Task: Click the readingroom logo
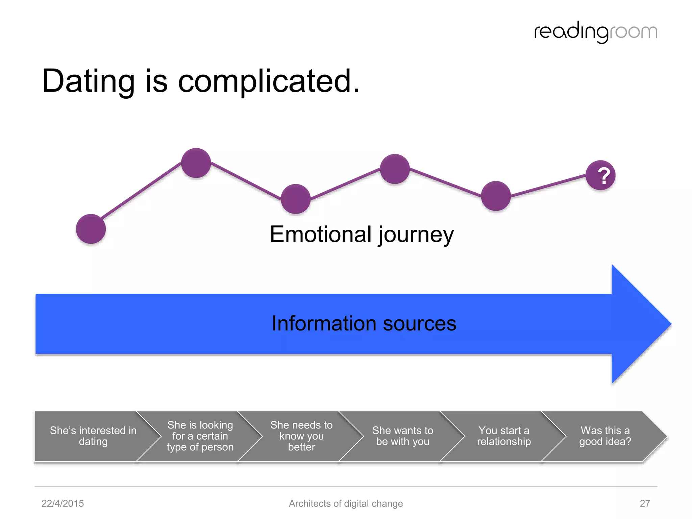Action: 595,32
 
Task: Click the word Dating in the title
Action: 89,81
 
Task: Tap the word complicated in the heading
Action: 269,81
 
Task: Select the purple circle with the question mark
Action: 600,175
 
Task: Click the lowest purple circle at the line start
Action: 91,229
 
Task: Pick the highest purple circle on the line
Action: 196,163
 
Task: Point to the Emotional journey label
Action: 362,234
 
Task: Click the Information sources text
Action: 364,323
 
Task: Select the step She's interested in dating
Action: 93,436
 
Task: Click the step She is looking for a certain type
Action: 200,436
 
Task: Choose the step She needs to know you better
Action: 301,436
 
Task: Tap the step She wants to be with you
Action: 402,436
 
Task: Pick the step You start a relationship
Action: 504,436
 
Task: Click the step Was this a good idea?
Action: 605,436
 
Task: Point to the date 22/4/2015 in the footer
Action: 63,503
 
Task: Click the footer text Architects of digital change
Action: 346,503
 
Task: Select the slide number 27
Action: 645,503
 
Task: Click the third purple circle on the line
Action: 296,199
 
